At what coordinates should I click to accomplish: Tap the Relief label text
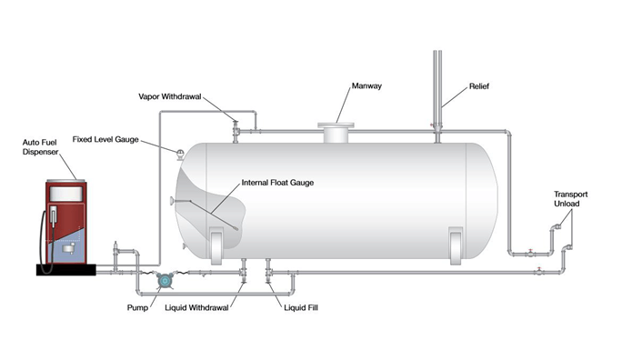pyautogui.click(x=478, y=88)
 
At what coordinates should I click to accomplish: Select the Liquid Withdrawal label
pyautogui.click(x=203, y=307)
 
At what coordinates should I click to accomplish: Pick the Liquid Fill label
pyautogui.click(x=296, y=307)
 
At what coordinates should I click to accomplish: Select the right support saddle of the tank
pyautogui.click(x=456, y=245)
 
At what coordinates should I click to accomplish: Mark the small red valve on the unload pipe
pyautogui.click(x=539, y=269)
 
